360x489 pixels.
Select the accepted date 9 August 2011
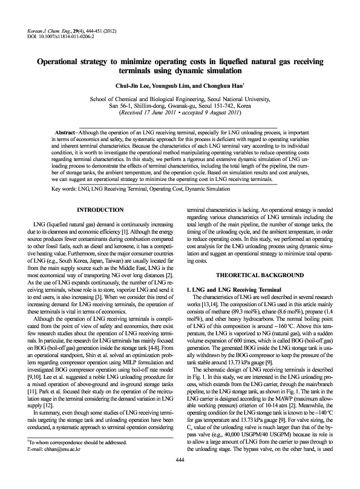216,114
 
